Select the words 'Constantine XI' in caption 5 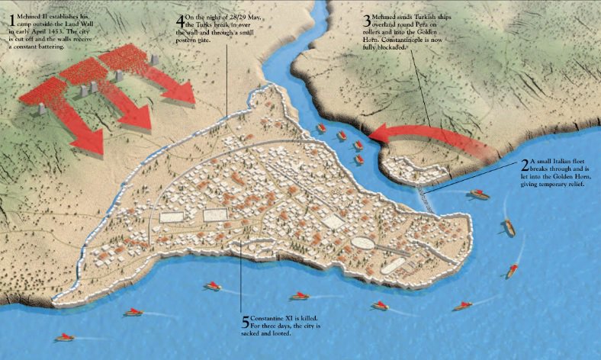(274, 317)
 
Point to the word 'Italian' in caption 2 (563, 161)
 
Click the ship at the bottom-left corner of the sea (64, 336)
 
